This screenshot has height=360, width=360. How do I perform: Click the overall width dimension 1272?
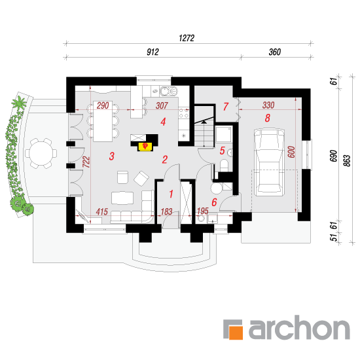click(x=187, y=38)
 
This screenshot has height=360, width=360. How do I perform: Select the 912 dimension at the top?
click(x=153, y=52)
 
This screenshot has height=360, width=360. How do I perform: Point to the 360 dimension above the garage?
click(x=275, y=52)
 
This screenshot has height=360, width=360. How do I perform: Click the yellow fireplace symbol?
click(x=145, y=147)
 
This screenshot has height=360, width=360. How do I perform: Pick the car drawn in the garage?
click(x=269, y=162)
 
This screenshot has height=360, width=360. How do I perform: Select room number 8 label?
click(x=268, y=118)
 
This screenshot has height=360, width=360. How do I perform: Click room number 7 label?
click(x=226, y=107)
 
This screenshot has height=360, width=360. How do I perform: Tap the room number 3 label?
click(x=111, y=156)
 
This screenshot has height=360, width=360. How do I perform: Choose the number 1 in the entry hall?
click(x=171, y=194)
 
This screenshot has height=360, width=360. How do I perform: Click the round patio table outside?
click(x=41, y=153)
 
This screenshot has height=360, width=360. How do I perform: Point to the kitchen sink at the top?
click(x=168, y=92)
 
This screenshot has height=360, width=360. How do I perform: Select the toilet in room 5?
click(x=224, y=166)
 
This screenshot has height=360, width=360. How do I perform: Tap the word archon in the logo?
click(x=299, y=327)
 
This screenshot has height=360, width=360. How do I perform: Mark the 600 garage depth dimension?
click(x=291, y=152)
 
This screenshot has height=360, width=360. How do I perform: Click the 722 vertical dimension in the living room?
click(x=86, y=162)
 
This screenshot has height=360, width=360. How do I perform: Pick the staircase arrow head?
click(x=204, y=122)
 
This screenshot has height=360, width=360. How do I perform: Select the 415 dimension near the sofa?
click(x=102, y=211)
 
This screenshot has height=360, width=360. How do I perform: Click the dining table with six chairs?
click(x=103, y=121)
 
